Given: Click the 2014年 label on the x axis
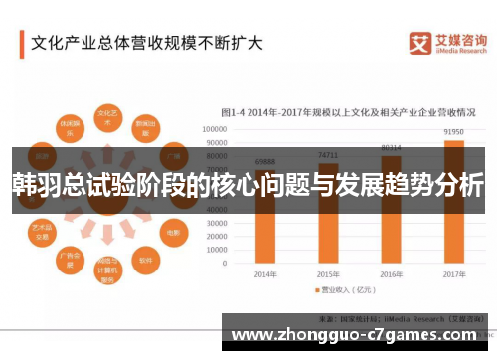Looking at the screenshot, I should [x=265, y=273].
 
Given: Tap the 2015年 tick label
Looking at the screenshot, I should [x=328, y=273].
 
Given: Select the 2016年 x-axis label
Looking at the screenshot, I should [x=391, y=273].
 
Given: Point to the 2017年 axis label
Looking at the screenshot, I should [x=453, y=273].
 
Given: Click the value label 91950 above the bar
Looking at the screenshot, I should [x=453, y=131].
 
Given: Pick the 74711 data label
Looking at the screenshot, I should [x=328, y=155].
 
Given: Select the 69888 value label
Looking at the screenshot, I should [x=265, y=161].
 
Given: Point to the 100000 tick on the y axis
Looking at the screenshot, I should [x=216, y=129].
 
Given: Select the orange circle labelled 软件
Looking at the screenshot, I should [x=145, y=262].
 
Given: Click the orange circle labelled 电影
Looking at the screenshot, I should [x=171, y=228].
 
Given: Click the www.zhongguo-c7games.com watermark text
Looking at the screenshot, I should [x=357, y=333].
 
